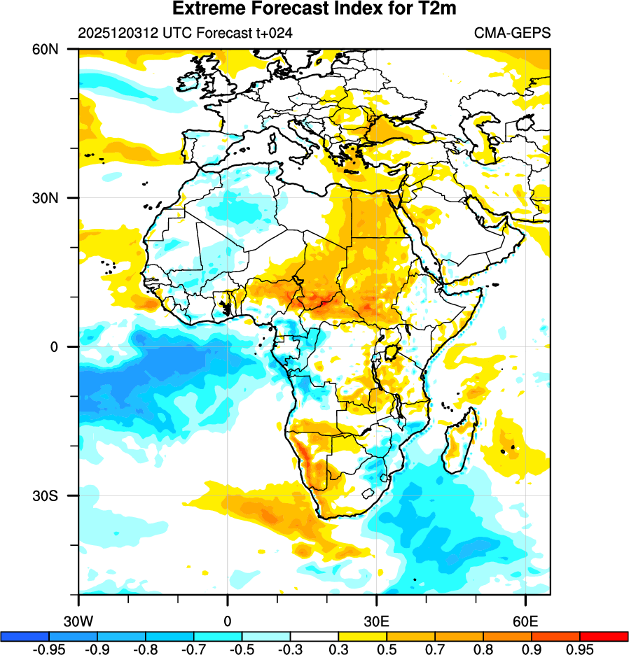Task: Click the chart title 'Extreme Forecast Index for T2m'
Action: (314, 9)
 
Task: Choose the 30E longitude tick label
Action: (377, 620)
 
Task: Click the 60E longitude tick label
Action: (525, 620)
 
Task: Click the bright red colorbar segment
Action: (604, 636)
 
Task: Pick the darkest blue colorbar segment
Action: (25, 636)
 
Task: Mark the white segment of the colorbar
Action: (314, 636)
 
